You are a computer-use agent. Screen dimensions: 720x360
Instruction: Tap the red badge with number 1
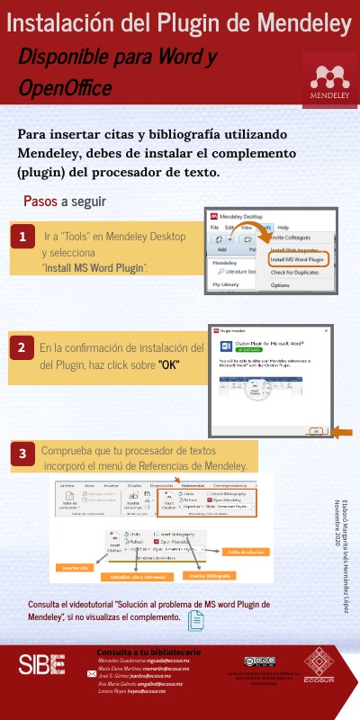22,238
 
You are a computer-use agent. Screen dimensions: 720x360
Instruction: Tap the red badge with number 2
22,347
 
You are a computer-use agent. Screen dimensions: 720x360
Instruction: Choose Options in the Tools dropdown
281,284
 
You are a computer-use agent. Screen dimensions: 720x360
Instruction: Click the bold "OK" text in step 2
168,364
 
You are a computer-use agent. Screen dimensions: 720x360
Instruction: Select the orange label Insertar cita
76,568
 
